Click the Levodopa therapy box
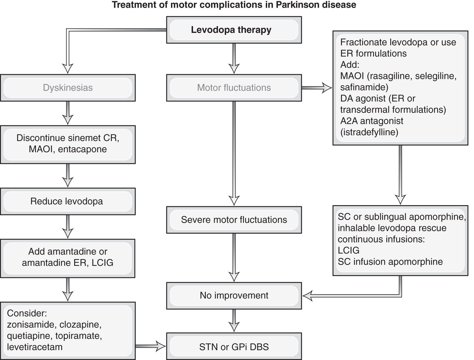tap(234, 30)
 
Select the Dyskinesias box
tap(68, 88)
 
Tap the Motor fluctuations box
tap(234, 88)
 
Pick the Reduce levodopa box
tap(68, 201)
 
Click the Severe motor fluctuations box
tap(234, 220)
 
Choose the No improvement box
tap(234, 296)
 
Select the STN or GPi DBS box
tap(234, 347)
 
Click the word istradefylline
tap(369, 132)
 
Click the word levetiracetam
tap(35, 347)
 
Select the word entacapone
tap(82, 149)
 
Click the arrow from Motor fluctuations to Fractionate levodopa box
tap(317, 88)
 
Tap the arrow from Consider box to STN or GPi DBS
tap(151, 346)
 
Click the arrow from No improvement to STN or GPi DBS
tap(234, 321)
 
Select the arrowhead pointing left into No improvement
tap(308, 296)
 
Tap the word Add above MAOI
tap(350, 65)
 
